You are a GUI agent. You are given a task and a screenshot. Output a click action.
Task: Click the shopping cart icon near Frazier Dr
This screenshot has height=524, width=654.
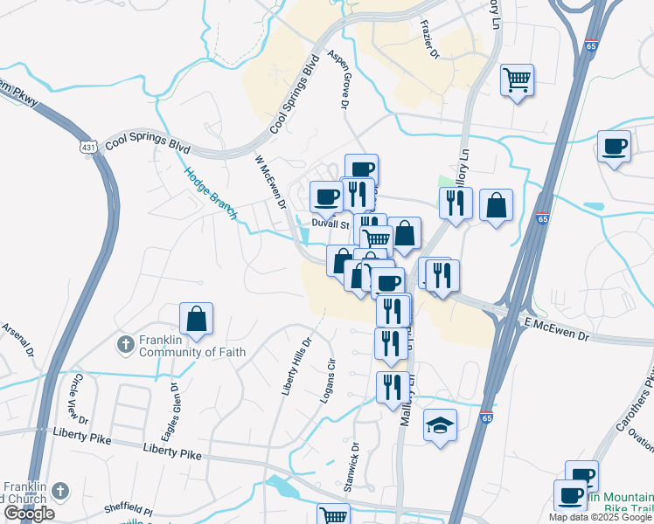(518, 81)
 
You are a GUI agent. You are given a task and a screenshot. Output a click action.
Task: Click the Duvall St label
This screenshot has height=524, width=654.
(330, 223)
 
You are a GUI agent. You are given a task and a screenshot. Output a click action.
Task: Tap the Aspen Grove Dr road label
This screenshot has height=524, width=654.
(338, 79)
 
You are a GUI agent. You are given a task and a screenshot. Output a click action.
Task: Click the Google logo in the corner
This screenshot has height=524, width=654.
(29, 514)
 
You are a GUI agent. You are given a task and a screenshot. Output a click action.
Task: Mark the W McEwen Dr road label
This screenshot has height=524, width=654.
(270, 182)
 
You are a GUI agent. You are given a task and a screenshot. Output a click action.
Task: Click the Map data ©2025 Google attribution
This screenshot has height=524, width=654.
(600, 517)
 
